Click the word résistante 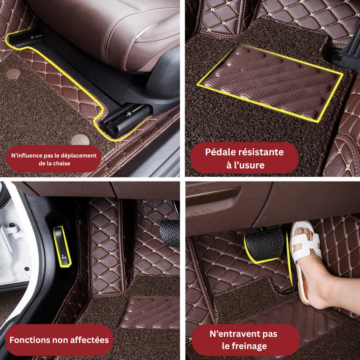tap(262, 152)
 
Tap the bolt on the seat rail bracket tap(130, 113)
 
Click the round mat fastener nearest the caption tap(80, 140)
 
